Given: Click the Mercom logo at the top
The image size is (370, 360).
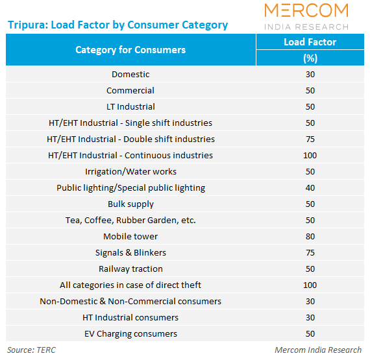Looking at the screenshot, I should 306,17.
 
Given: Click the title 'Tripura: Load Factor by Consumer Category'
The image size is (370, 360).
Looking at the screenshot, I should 117,25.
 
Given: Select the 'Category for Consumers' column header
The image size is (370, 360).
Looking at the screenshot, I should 130,50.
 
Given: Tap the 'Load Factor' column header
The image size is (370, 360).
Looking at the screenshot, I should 310,42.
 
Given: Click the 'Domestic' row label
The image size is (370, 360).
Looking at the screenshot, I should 130,75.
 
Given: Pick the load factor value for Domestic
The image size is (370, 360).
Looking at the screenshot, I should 310,75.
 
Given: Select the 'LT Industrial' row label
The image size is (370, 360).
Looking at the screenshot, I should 130,107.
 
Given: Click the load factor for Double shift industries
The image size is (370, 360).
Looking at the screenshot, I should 310,139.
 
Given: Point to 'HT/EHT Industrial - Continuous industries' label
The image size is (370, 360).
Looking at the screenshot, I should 130,156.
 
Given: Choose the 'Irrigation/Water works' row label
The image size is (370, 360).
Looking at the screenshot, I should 130,172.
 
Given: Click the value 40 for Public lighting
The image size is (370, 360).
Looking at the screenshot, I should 310,188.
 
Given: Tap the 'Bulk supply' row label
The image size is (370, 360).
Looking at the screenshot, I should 130,204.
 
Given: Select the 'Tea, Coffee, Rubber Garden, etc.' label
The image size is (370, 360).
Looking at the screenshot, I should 130,221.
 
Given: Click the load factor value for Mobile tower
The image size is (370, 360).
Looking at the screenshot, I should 310,237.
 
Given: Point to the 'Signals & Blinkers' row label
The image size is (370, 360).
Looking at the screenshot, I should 130,253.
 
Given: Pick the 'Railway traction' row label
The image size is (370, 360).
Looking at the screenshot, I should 130,269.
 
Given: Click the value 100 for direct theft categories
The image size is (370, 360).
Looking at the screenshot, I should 310,285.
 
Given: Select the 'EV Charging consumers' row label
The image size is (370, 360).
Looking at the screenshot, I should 130,334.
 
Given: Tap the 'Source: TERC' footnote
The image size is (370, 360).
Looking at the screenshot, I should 31,350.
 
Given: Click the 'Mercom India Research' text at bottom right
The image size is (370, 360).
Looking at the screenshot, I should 319,350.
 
